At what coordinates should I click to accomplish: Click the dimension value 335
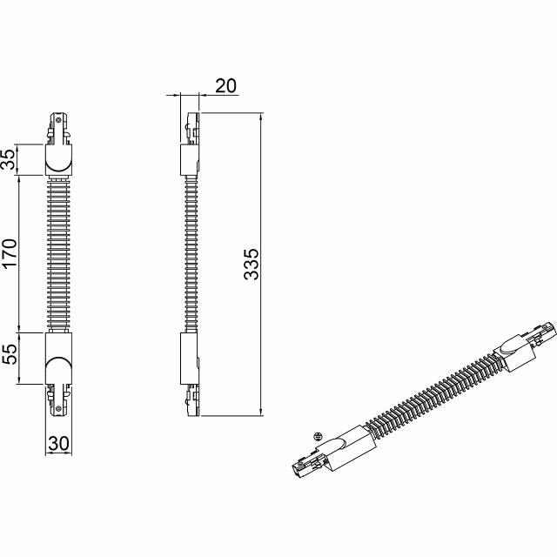[251, 264]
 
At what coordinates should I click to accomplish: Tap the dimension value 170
[10, 254]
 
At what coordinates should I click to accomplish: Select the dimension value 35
[10, 159]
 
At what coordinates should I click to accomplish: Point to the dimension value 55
[10, 358]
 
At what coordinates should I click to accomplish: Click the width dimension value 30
[59, 443]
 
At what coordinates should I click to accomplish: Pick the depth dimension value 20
[225, 84]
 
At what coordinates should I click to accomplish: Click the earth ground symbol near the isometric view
[319, 432]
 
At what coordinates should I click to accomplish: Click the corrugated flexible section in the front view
[59, 252]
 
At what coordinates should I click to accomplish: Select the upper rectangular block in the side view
[189, 159]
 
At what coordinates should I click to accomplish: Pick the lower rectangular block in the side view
[189, 358]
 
